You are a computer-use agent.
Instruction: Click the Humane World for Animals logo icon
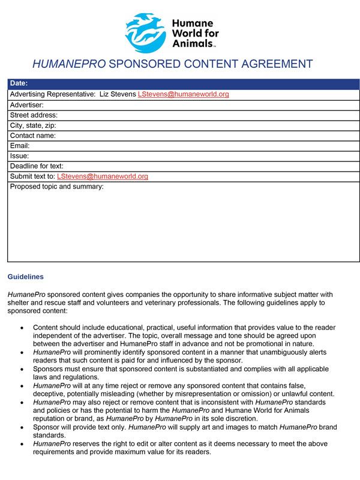[145, 33]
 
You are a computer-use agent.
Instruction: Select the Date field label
[19, 83]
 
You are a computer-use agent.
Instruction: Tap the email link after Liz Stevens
[183, 94]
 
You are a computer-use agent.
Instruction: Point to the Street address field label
[34, 115]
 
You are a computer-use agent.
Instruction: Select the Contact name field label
[33, 136]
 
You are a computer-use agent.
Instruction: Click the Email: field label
[20, 146]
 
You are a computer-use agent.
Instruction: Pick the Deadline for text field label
[37, 166]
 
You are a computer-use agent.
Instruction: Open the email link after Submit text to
[102, 176]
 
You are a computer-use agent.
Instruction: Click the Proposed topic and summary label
[57, 187]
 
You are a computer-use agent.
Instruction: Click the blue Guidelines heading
[25, 277]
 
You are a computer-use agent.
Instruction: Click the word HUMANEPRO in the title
[69, 64]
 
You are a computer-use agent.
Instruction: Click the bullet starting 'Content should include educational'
[180, 335]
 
